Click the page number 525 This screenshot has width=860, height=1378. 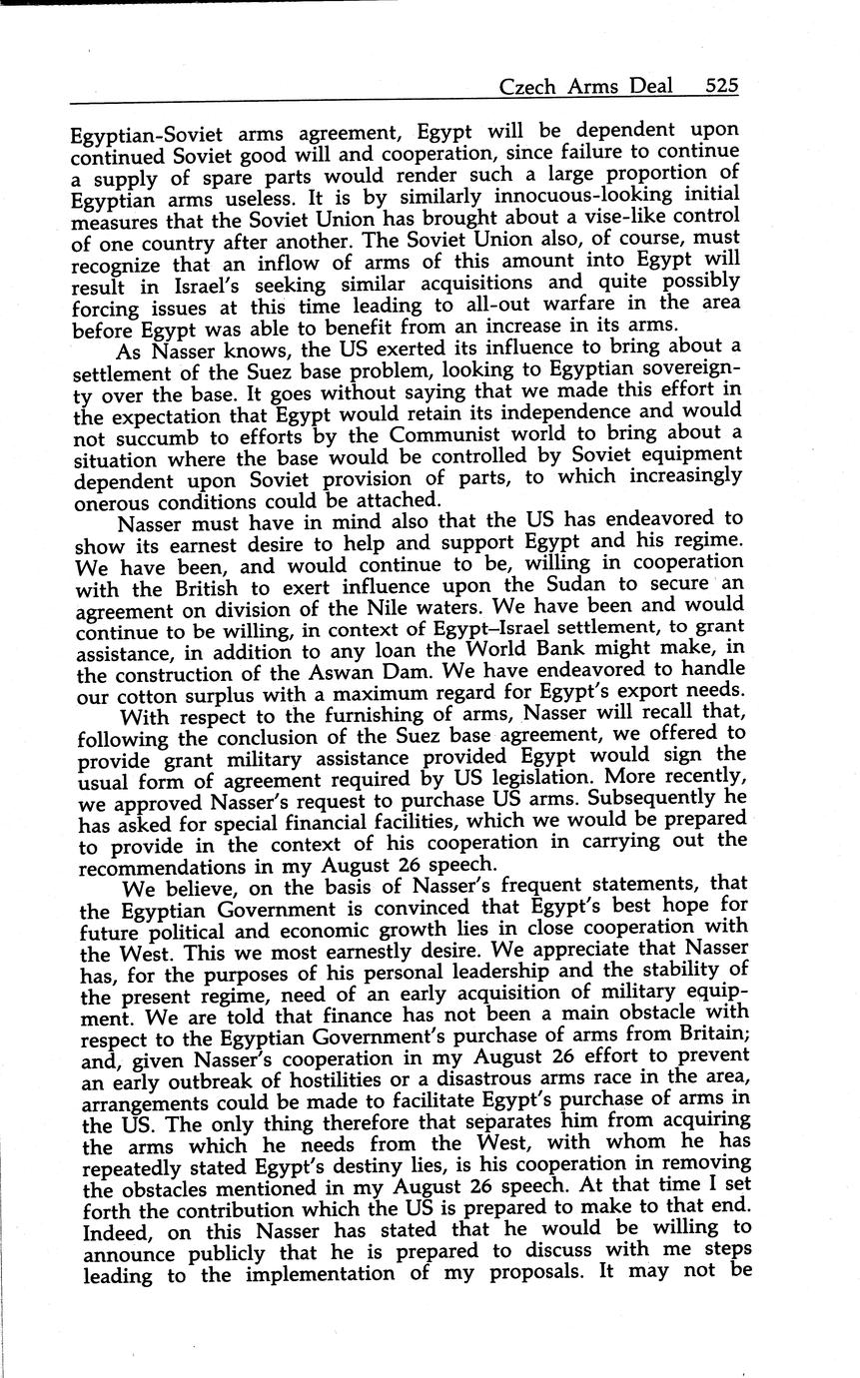721,86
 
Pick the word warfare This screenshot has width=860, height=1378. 585,302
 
